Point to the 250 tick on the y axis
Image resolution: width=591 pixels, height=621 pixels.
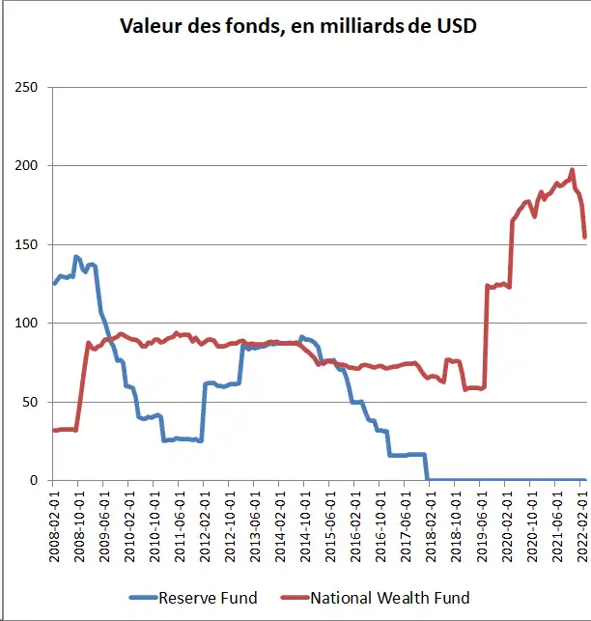[26, 88]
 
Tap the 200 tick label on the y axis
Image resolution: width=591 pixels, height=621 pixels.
[26, 166]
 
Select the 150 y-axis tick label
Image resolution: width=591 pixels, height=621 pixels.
[26, 244]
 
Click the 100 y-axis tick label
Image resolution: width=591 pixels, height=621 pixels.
[26, 323]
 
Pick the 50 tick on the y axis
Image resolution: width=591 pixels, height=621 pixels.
[30, 402]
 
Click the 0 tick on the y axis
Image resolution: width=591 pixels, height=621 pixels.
[34, 480]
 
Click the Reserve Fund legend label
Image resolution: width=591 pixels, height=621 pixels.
[208, 598]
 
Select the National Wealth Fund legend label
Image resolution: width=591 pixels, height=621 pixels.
[389, 598]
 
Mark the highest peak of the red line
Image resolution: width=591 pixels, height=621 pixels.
[572, 170]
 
